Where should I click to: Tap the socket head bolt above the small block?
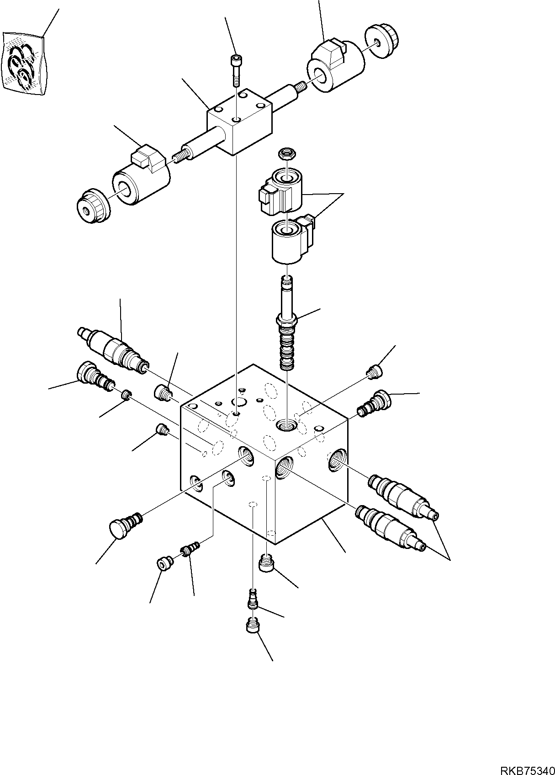pos(235,69)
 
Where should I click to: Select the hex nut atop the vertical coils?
pos(286,154)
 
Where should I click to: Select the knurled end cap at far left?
pos(93,206)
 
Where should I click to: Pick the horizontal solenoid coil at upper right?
pos(337,67)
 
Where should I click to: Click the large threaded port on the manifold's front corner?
pos(285,467)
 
